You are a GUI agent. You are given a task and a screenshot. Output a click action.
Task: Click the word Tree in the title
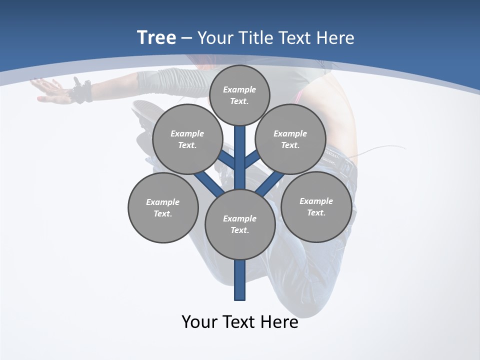tap(156, 38)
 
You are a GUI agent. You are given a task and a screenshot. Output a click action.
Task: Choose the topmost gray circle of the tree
tap(239, 95)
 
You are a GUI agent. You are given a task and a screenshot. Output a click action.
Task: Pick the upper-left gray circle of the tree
tap(187, 139)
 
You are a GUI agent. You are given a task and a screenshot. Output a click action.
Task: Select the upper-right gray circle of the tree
tap(290, 139)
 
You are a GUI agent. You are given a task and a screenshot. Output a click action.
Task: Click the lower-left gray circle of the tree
tap(163, 207)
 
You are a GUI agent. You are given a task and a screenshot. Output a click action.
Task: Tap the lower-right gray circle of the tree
tap(316, 206)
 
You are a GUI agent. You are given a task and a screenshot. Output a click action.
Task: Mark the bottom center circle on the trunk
tap(240, 224)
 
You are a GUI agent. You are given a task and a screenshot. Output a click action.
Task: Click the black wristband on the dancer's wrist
tap(81, 91)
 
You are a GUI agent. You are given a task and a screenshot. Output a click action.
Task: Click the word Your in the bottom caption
tap(199, 322)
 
